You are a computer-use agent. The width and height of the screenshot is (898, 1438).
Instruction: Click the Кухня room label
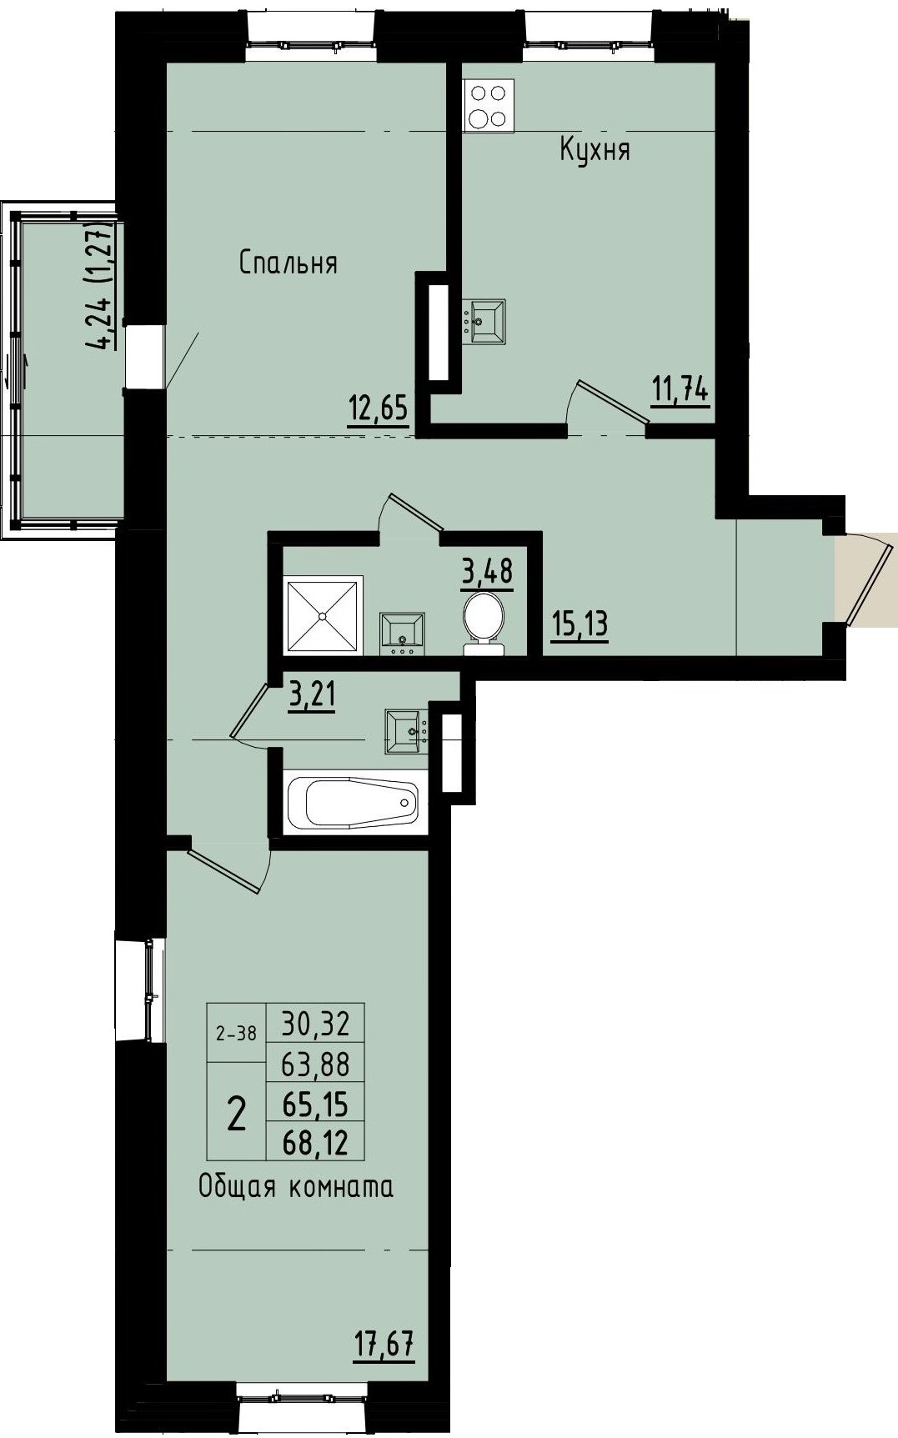594,151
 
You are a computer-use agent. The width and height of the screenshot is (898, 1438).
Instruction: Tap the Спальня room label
288,263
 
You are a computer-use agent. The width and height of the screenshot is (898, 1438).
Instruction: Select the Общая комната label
295,1186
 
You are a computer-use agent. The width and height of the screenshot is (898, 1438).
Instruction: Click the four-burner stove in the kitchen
489,106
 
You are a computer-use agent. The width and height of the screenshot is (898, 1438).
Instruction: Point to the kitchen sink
485,322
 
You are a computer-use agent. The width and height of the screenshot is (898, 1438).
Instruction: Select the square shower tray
323,615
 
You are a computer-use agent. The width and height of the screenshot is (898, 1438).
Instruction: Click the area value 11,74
680,389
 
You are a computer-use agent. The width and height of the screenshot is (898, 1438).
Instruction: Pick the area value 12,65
379,409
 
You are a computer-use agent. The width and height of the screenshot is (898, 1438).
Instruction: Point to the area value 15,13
579,624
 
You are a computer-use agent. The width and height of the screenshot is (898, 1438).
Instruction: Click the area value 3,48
487,572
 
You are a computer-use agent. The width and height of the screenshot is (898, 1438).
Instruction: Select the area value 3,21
312,694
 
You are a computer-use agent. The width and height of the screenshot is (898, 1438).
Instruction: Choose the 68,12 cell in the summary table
315,1141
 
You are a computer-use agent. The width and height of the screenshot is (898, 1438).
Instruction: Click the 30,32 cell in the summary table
315,1023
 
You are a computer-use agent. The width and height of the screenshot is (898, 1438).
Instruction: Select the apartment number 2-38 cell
236,1034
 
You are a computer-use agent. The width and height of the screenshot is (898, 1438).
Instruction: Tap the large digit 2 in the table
237,1114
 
